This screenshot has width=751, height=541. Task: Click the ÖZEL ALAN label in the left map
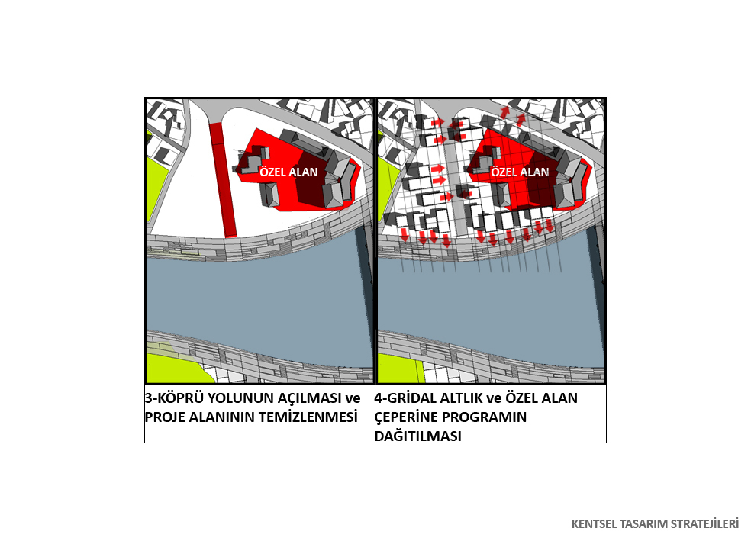click(288, 172)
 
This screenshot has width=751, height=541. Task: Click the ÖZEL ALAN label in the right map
click(520, 172)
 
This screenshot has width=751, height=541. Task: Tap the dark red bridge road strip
click(223, 179)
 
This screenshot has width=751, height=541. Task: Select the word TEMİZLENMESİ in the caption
click(308, 417)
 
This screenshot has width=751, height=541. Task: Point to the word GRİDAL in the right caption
click(411, 398)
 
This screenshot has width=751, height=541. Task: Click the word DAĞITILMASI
click(417, 436)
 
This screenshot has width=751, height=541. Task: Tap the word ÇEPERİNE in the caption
click(407, 417)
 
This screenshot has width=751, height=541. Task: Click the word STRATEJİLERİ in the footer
click(704, 523)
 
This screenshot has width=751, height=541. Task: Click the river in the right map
click(488, 307)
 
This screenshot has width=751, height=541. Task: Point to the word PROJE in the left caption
click(165, 417)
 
